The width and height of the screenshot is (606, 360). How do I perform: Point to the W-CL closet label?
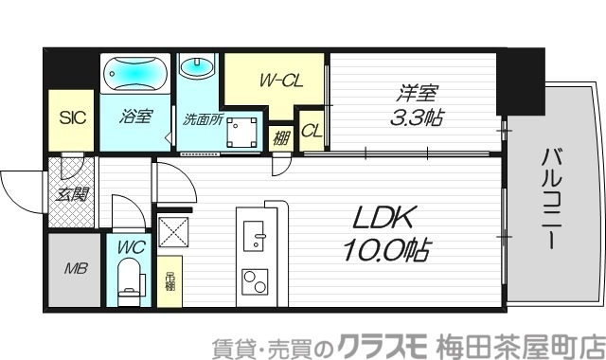coord(280,81)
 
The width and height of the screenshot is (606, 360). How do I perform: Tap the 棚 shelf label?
coord(281,136)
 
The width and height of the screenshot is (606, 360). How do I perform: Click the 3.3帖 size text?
coord(418,119)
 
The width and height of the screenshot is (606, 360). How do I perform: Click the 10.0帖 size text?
coord(385,250)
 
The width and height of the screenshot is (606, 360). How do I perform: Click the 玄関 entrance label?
coord(71,196)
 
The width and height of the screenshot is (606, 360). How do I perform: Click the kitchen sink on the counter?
coord(256,234)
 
